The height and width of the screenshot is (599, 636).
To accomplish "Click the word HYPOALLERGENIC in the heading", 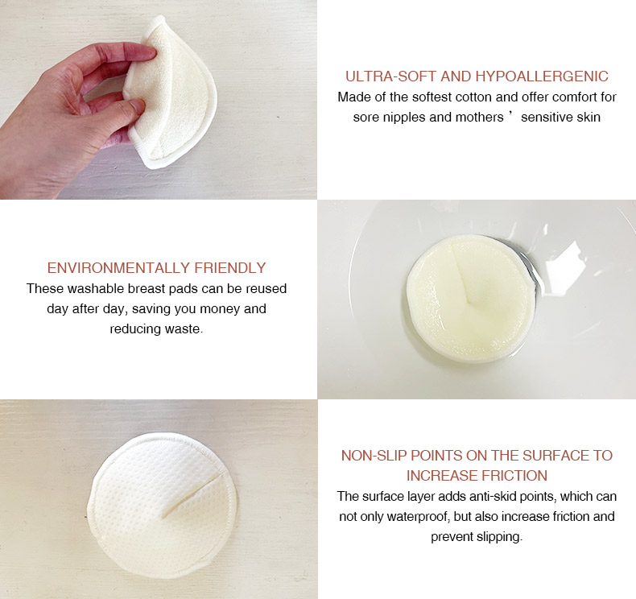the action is (x=542, y=76).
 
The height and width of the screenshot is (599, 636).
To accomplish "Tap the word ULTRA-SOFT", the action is (x=390, y=76).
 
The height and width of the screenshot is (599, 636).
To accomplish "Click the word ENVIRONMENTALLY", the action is (x=118, y=268).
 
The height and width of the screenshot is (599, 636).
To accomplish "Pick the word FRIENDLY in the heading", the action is (x=230, y=268).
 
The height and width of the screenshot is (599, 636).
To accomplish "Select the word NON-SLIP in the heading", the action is (x=374, y=456).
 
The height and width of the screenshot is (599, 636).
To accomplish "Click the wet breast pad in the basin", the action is (x=470, y=298).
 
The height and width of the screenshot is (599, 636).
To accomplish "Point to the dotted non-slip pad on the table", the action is (x=162, y=505).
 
